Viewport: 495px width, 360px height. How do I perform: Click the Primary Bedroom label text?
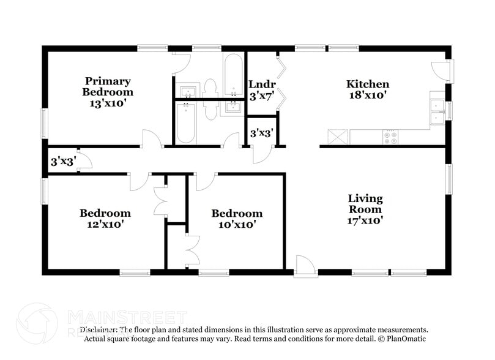coord(108,86)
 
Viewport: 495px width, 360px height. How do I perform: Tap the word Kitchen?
coord(368,84)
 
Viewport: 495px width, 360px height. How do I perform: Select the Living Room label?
coord(365,203)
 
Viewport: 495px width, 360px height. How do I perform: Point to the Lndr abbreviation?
coord(262,84)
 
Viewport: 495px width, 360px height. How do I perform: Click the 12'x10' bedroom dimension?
coord(105,224)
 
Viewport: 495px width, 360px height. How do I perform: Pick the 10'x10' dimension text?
coord(237,224)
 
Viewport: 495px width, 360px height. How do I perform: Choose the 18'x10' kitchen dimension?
coord(368,96)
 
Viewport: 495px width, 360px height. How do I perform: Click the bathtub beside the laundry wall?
coord(233,75)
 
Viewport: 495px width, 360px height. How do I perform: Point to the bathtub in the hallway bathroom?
coord(185,122)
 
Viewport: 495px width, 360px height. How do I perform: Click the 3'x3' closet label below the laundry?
coord(261,132)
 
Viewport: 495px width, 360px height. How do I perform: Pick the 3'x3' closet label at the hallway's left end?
coord(62,162)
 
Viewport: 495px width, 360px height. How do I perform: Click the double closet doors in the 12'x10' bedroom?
coord(160,201)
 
